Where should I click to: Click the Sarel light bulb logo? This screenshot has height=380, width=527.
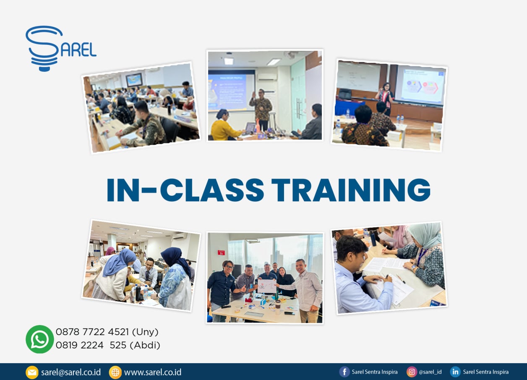coord(61,48)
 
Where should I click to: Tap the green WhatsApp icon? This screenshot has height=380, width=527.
coord(40,339)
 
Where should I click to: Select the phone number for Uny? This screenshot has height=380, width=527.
coord(107,332)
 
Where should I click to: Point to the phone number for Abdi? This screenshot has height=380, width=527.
coord(108,345)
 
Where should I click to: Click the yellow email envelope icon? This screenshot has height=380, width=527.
coord(32,372)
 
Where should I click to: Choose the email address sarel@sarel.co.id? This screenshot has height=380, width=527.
coord(71,372)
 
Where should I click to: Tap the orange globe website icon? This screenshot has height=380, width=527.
coord(115,372)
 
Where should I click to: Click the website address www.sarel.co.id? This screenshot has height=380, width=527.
coord(153,372)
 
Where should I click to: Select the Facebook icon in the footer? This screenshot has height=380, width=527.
coord(344,372)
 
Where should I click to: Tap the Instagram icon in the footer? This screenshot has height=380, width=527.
coord(412,372)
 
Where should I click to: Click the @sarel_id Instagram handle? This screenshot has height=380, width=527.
coord(430,372)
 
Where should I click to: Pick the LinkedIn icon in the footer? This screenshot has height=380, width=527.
coord(455,372)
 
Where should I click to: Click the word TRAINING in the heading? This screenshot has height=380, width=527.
coord(352,190)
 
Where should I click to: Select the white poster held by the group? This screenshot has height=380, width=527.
coord(267,286)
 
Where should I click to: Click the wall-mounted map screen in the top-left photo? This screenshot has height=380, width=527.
coord(134,80)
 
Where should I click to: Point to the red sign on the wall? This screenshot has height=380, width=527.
coord(221,252)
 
